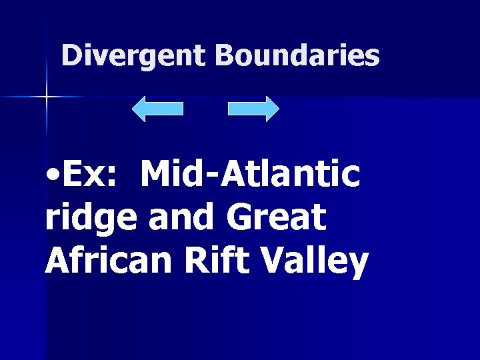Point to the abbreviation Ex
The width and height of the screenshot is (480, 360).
point(83,175)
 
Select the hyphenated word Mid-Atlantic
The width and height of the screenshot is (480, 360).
point(250,175)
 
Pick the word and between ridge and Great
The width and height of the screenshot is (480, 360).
point(183,217)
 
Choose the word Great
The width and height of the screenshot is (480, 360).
point(277,217)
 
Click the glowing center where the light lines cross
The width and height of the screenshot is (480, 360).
point(46,97)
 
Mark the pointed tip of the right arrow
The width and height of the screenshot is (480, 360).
point(278,109)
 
